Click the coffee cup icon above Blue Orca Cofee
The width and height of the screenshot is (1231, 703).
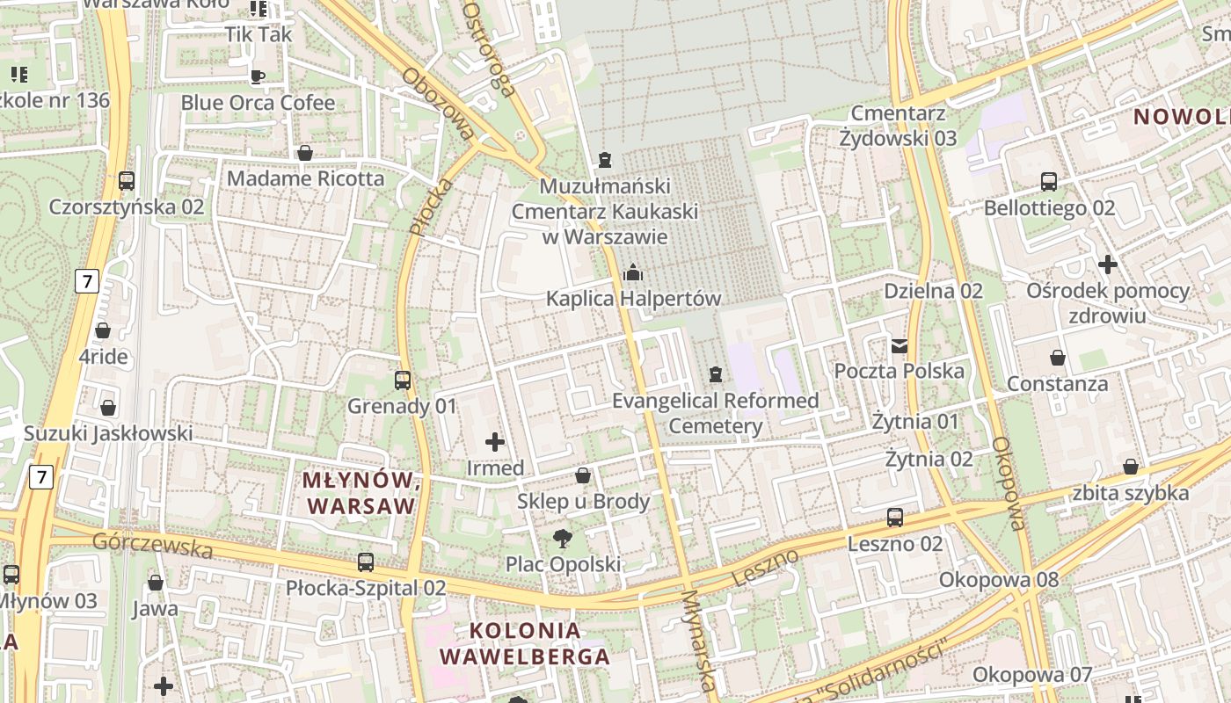click(258, 76)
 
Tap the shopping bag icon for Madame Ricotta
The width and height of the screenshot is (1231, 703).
click(305, 153)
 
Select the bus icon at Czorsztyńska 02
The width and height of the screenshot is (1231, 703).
click(127, 181)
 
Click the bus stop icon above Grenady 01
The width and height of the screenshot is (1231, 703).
click(403, 380)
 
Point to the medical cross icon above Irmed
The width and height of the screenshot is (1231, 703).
click(495, 442)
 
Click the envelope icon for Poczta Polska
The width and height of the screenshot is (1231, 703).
click(899, 345)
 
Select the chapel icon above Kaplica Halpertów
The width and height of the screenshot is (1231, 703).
click(632, 272)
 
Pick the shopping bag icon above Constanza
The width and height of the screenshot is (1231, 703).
click(1057, 358)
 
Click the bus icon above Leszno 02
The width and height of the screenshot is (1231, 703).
click(895, 518)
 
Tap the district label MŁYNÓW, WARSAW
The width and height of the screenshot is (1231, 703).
click(359, 493)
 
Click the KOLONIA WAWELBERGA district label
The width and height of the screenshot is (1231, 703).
click(525, 643)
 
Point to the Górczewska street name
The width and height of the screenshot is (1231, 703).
click(153, 545)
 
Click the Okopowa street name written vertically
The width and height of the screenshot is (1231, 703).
click(1009, 483)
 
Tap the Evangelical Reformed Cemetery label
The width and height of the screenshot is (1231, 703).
click(715, 413)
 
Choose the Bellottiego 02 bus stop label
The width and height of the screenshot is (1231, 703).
click(1049, 208)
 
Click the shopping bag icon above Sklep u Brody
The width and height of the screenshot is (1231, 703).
click(582, 475)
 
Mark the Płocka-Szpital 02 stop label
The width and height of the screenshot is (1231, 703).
click(366, 588)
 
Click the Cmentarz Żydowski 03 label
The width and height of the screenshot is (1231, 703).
click(898, 126)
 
